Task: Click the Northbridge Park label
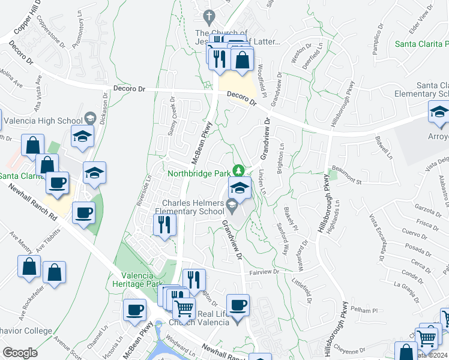point(199,173)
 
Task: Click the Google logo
point(20,353)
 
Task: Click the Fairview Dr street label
point(265,272)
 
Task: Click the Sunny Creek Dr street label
point(171,115)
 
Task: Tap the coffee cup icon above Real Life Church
point(238,304)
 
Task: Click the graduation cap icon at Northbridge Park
point(240,188)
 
